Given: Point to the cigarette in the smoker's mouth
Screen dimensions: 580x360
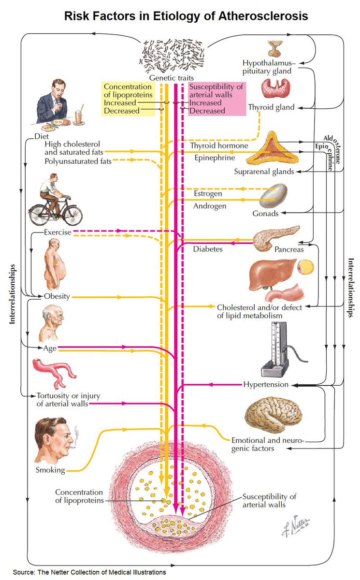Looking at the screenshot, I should coord(73,447).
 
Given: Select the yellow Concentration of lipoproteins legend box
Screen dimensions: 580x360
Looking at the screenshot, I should coord(129,99).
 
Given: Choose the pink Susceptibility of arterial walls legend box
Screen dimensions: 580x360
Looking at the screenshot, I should coord(216,99).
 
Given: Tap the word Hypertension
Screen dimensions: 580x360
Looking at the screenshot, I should coord(265,385).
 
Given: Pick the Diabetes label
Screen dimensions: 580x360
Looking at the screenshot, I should coord(208,249).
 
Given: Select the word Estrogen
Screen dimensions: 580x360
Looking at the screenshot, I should coord(208,193).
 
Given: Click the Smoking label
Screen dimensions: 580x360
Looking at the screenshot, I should coord(50,470).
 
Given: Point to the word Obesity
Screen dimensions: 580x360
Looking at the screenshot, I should coord(57,296).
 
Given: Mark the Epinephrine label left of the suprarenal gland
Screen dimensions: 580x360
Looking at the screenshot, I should coord(215,158).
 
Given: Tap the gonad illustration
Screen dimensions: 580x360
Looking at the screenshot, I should coord(275,194).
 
